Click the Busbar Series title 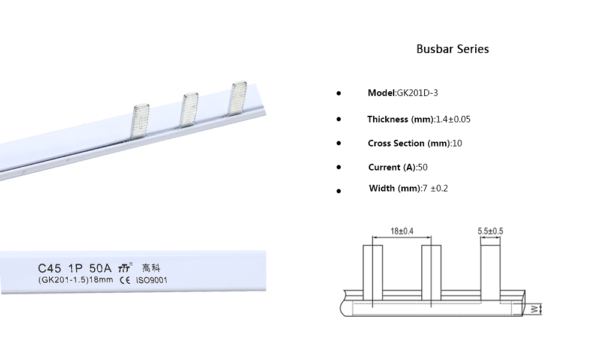tap(452, 49)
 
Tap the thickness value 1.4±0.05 tap(452, 119)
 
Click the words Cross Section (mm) tap(406, 143)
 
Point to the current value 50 tap(422, 167)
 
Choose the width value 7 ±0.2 tap(434, 188)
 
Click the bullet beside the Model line tap(338, 94)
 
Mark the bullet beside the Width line tap(338, 190)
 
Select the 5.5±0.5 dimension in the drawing tap(490, 230)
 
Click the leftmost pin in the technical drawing tap(373, 273)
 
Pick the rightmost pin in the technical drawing tap(490, 270)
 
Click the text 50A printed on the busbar tap(100, 268)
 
